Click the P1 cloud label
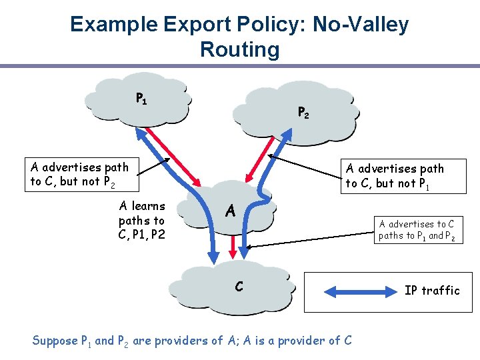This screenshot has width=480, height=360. [141, 99]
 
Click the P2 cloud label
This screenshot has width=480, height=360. [303, 113]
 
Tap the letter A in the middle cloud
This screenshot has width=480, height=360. [230, 212]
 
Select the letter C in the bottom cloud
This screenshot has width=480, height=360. [238, 287]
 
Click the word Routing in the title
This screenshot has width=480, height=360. [239, 49]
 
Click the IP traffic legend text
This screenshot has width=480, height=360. [431, 290]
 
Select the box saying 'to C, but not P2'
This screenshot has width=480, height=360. [79, 174]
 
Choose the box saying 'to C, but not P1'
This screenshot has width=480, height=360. [394, 176]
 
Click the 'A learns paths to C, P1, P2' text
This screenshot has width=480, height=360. [142, 219]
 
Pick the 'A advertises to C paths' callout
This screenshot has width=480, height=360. [417, 229]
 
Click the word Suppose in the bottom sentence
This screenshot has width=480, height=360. [55, 341]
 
